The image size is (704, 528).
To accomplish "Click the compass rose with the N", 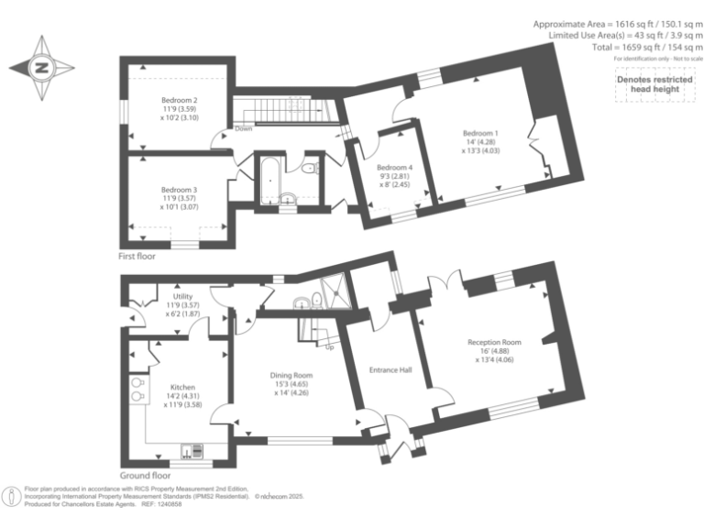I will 42,68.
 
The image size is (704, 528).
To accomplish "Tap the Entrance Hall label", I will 390,370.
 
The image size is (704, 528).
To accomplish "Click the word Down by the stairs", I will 243,128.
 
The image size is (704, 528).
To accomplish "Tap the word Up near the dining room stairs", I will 329,347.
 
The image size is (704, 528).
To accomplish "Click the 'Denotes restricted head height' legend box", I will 653,84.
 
